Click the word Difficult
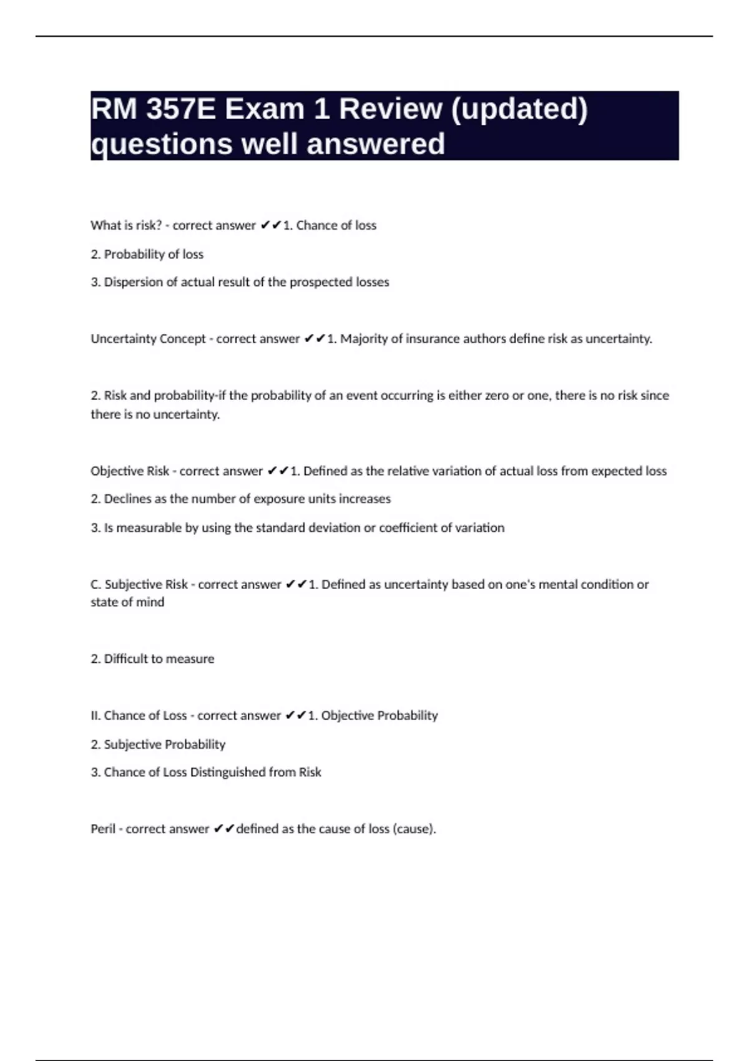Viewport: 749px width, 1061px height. [x=125, y=659]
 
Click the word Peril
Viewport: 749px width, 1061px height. [x=103, y=829]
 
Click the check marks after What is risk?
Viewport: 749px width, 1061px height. [x=271, y=225]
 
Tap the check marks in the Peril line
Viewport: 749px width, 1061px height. [x=223, y=829]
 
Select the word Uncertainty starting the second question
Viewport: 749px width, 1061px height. [x=123, y=339]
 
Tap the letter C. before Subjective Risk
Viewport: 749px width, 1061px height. [x=96, y=585]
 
